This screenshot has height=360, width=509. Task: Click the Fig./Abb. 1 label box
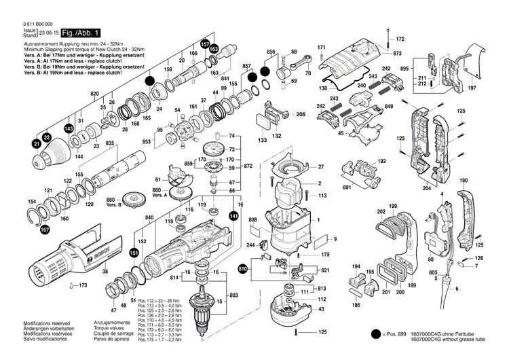(x=81, y=33)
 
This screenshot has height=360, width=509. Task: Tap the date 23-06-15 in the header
(x=48, y=33)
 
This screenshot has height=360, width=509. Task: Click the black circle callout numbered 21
(x=36, y=144)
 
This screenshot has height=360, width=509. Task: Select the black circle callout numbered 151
(x=134, y=253)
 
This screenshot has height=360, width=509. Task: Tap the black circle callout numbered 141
(x=234, y=215)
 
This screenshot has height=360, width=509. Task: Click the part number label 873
(x=398, y=53)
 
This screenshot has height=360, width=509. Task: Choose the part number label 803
(x=234, y=295)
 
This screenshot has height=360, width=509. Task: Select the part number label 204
(x=427, y=189)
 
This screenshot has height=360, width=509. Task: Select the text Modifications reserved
(x=28, y=322)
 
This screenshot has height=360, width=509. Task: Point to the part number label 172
(x=400, y=39)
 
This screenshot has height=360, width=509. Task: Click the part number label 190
(x=464, y=180)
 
